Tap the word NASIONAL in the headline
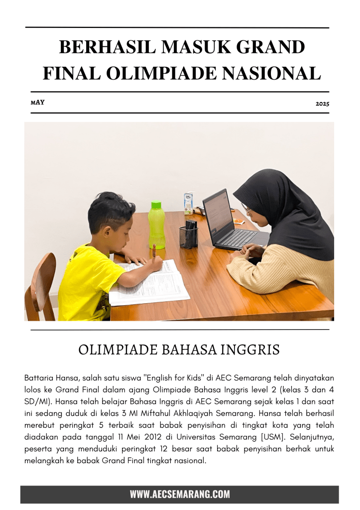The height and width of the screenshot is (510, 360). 273,73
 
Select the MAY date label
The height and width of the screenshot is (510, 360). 37,102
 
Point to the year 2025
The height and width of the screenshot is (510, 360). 322,104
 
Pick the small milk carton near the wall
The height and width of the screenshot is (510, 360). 188,203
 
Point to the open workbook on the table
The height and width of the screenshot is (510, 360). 149,284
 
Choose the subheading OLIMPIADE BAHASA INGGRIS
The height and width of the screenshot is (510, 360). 179,350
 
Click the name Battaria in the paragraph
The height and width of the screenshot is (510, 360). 39,378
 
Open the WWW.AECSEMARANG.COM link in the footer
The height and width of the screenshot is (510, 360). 180,494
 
